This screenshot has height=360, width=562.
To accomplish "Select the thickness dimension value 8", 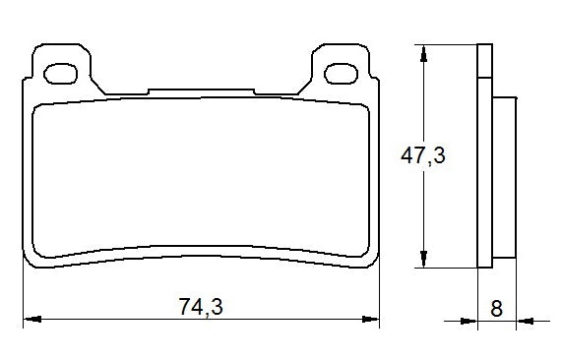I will click(x=496, y=307).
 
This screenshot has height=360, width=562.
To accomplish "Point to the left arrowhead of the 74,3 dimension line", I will click(x=30, y=319).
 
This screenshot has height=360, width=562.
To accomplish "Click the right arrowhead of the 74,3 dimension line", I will click(x=373, y=319).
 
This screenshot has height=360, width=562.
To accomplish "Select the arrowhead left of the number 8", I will click(x=469, y=320).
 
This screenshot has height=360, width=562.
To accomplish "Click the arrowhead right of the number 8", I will click(x=524, y=320).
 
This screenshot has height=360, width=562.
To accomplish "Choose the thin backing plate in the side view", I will click(x=483, y=157).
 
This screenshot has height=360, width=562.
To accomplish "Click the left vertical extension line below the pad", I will click(x=24, y=295).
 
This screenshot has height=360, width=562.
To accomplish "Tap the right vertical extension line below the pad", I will click(x=380, y=295).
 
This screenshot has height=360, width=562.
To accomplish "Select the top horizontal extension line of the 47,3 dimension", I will click(x=448, y=44).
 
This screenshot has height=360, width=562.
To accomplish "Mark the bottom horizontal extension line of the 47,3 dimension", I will click(x=448, y=268).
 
